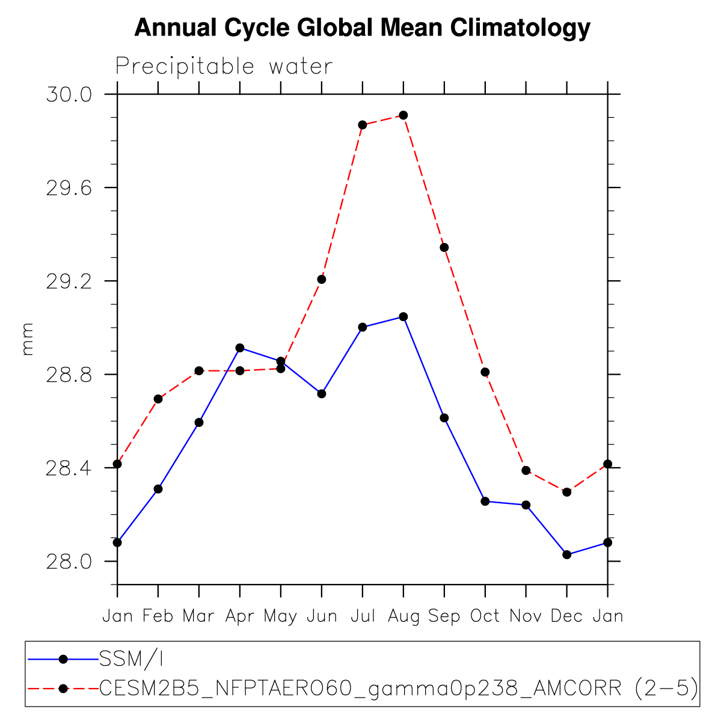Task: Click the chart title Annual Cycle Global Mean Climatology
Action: (x=362, y=28)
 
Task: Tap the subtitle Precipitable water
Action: (x=224, y=66)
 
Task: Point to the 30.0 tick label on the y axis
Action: (x=69, y=95)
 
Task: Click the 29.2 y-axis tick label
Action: (x=69, y=281)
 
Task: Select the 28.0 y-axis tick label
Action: (x=69, y=562)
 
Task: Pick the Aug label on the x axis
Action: (x=403, y=616)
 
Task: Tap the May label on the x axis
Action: (x=280, y=616)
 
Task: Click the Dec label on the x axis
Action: (x=566, y=616)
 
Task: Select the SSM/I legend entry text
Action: (x=132, y=660)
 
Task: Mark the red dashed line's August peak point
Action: (x=403, y=115)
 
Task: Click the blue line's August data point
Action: (x=403, y=317)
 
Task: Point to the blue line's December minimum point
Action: (x=566, y=554)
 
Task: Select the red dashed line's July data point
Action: (x=363, y=125)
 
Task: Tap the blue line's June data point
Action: (x=322, y=394)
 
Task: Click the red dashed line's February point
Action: (x=158, y=399)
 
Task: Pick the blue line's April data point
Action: (x=240, y=348)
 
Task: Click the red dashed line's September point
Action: (x=444, y=247)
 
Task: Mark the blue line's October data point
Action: (x=485, y=502)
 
